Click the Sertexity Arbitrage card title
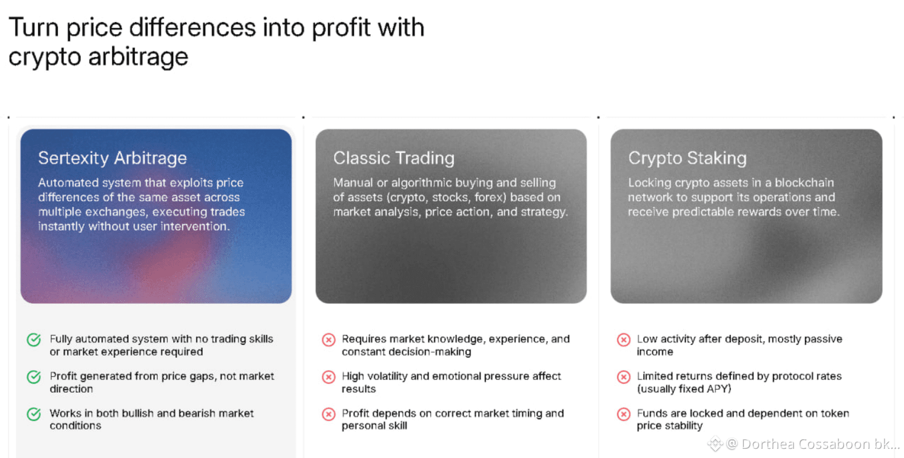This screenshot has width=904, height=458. pyautogui.click(x=112, y=158)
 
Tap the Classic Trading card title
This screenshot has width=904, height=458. pyautogui.click(x=394, y=158)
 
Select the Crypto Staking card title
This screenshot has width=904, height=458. pyautogui.click(x=688, y=158)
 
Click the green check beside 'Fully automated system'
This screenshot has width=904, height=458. pyautogui.click(x=34, y=340)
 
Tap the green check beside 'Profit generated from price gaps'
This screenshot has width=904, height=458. pyautogui.click(x=34, y=377)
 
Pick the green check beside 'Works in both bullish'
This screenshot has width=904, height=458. pyautogui.click(x=34, y=414)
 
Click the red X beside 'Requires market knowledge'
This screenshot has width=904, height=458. pyautogui.click(x=329, y=340)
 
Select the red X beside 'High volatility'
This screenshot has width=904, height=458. pyautogui.click(x=329, y=377)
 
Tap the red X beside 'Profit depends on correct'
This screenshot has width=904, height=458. pyautogui.click(x=329, y=414)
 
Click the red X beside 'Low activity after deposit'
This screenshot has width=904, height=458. pyautogui.click(x=624, y=340)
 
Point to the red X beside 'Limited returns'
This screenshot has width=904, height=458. pyautogui.click(x=624, y=377)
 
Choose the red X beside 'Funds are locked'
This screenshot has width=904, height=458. pyautogui.click(x=624, y=414)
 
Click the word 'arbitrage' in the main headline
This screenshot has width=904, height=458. pyautogui.click(x=138, y=57)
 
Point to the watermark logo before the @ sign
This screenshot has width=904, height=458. pyautogui.click(x=715, y=443)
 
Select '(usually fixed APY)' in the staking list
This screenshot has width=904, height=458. pyautogui.click(x=684, y=389)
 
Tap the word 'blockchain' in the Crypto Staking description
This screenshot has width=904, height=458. pyautogui.click(x=804, y=183)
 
